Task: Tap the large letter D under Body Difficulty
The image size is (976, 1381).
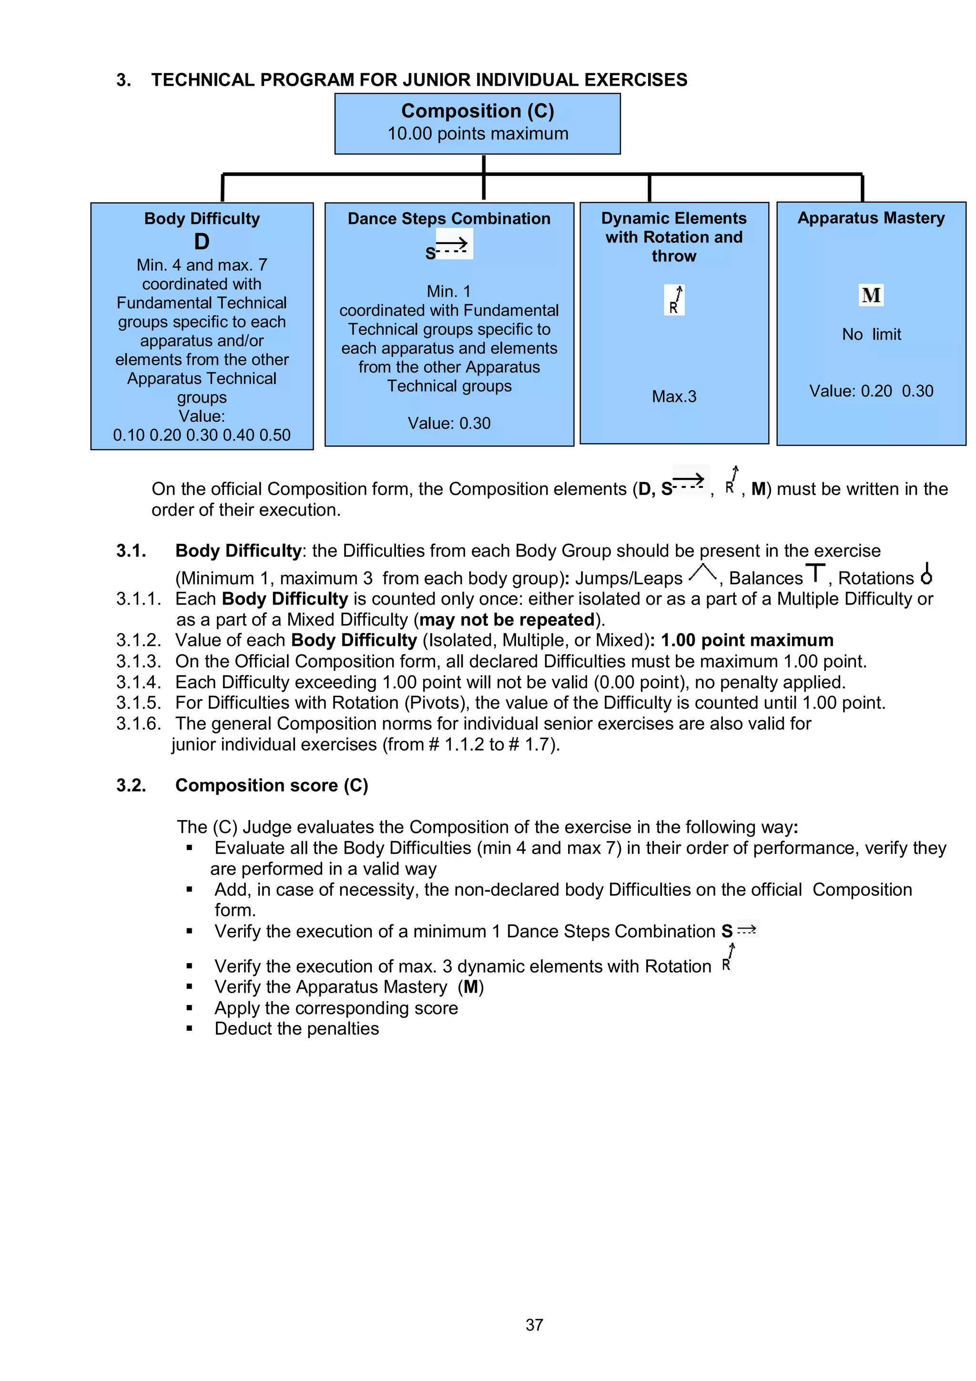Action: point(202,241)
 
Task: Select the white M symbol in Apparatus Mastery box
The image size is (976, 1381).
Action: point(871,295)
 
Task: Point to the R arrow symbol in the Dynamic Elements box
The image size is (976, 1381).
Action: point(675,300)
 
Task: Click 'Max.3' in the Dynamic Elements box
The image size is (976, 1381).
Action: point(674,396)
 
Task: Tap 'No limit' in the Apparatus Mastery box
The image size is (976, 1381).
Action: point(871,335)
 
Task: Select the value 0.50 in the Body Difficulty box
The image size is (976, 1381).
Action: point(275,435)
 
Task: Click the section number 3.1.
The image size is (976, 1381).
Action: point(131,550)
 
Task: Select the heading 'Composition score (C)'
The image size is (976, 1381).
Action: point(271,785)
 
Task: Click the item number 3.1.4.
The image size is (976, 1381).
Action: point(138,682)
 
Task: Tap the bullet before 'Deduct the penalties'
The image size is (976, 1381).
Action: point(189,1028)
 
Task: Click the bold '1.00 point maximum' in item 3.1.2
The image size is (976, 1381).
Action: point(747,640)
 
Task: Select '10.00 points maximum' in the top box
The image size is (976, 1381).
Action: point(478,133)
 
